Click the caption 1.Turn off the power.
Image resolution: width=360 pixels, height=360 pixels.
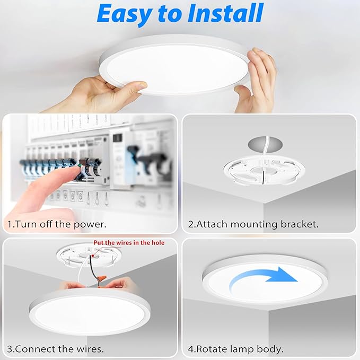[x=57, y=224]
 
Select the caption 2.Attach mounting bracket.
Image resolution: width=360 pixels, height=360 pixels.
[x=253, y=224]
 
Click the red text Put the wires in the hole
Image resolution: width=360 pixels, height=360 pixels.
[x=129, y=243]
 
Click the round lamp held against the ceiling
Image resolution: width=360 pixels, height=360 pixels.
[x=175, y=69]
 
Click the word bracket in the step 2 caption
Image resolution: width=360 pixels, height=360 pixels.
[x=301, y=224]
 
